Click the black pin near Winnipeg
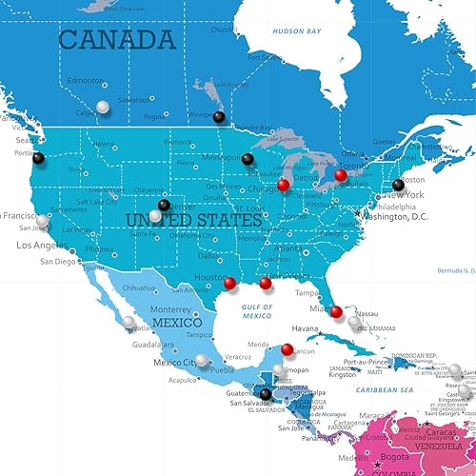coord(219,117)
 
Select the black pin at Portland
coord(39,159)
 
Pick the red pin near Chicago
coord(283,185)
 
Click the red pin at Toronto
coord(341,174)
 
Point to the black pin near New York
coord(398,185)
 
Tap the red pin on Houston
coord(229,282)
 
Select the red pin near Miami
coord(335,310)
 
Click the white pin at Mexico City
coord(202,361)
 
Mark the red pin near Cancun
coord(287,348)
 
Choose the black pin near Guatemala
coord(266,393)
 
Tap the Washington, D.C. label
coord(401,216)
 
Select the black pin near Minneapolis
coord(248,159)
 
